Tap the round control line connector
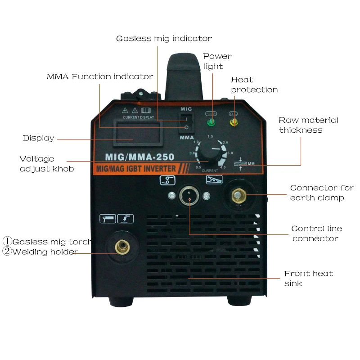pyautogui.click(x=189, y=196)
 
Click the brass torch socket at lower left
pyautogui.click(x=121, y=246)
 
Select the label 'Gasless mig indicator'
pyautogui.click(x=164, y=38)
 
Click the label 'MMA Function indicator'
pyautogui.click(x=100, y=76)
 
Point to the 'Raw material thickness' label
pyautogui.click(x=308, y=125)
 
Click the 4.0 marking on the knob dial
pyautogui.click(x=222, y=167)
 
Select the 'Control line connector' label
pyautogui.click(x=315, y=234)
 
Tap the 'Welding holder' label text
pyautogui.click(x=45, y=252)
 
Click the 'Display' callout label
pyautogui.click(x=39, y=138)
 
